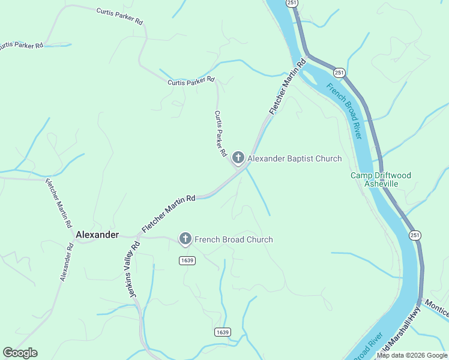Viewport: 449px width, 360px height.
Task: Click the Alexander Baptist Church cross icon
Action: click(238, 158)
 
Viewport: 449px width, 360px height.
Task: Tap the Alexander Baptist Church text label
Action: click(295, 159)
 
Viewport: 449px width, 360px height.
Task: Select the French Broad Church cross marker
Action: click(185, 239)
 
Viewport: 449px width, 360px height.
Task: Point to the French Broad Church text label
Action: click(234, 239)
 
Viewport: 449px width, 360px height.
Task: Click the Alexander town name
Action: click(97, 235)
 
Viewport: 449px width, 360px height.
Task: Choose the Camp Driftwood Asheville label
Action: click(381, 179)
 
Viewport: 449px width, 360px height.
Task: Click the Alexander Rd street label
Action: click(67, 262)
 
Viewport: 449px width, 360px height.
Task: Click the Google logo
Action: click(20, 353)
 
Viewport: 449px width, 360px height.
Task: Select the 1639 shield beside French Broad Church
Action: click(187, 260)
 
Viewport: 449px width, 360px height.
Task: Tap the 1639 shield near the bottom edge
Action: click(222, 332)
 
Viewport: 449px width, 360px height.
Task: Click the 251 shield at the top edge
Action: click(292, 3)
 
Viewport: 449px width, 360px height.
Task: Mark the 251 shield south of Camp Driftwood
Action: click(415, 235)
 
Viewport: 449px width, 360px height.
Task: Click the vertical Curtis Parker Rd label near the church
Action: click(220, 134)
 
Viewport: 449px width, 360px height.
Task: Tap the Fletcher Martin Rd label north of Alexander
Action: click(58, 203)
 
